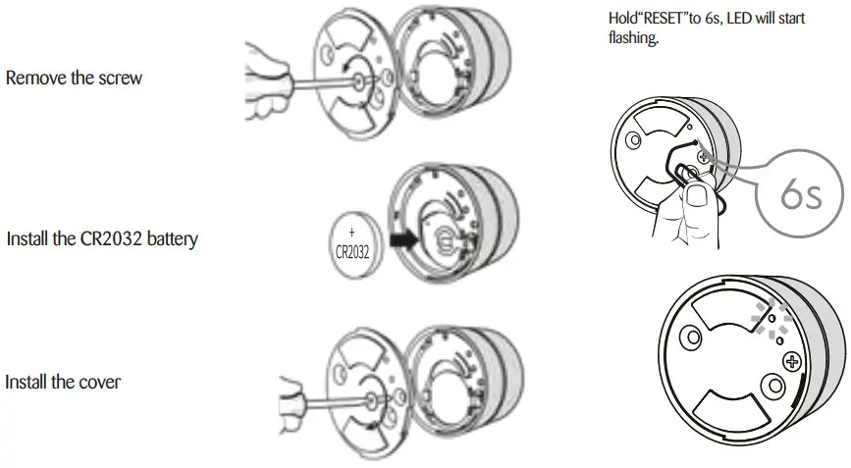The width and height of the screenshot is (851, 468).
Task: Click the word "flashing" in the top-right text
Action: click(632, 40)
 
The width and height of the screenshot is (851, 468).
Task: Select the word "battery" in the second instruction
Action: click(172, 238)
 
